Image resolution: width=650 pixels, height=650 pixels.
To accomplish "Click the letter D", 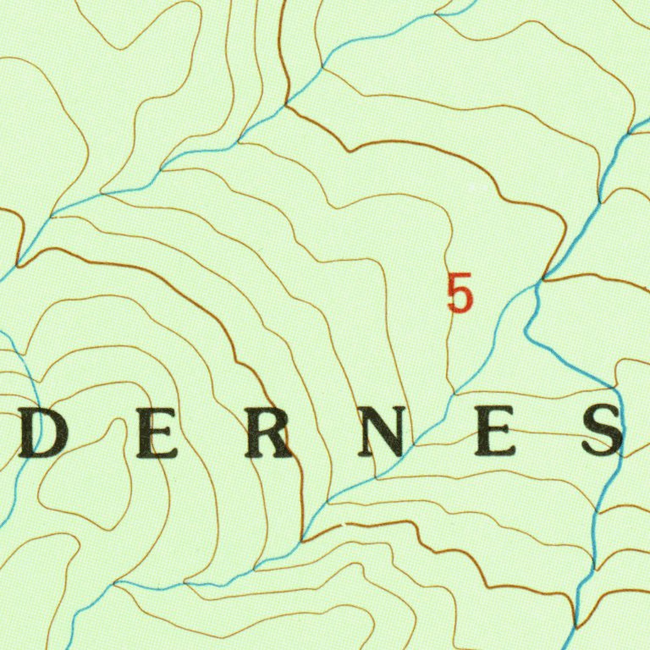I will click(42, 437).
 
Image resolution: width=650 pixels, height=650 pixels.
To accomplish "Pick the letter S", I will click(603, 432).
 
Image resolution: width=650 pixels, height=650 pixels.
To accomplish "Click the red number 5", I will click(460, 293).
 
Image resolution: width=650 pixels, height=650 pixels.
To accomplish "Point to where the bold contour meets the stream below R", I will click(302, 538).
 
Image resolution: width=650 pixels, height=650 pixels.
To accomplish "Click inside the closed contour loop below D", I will click(85, 474).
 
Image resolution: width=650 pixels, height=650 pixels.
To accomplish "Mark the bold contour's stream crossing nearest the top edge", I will click(287, 105).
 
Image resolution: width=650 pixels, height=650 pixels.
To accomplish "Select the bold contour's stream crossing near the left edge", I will click(17, 264).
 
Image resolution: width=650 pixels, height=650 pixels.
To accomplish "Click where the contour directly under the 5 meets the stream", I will click(454, 394).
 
